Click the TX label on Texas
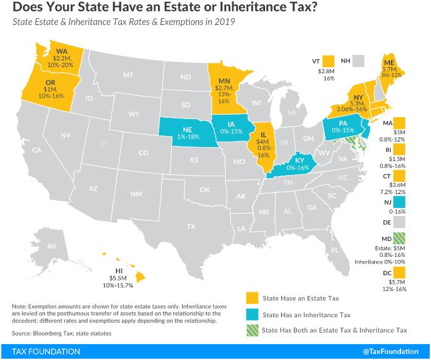pos(191,226)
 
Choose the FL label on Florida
pos(335,250)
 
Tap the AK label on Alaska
pos(52,247)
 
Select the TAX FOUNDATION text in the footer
pos(45,351)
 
